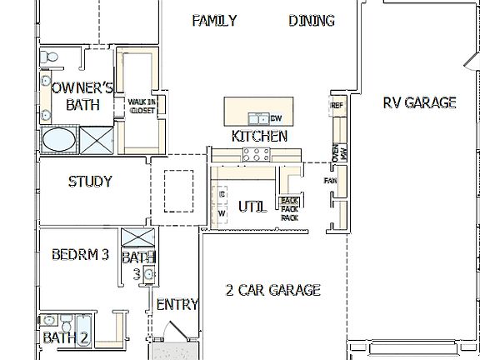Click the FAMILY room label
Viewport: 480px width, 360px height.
click(214, 21)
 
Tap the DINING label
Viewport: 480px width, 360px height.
click(312, 21)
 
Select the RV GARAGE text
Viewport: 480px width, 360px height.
click(419, 102)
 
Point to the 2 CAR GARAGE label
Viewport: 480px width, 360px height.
click(273, 290)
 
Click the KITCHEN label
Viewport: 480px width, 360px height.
click(259, 136)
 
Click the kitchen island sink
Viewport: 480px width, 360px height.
click(262, 117)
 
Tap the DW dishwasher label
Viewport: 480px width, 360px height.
click(276, 118)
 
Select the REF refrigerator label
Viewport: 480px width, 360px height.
click(337, 106)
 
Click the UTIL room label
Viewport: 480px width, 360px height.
click(252, 207)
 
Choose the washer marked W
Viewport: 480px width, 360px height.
click(222, 213)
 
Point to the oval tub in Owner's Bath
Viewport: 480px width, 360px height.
click(57, 140)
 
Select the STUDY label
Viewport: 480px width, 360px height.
click(90, 181)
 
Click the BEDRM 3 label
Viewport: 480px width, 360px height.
click(80, 255)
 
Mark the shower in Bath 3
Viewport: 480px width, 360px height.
click(136, 237)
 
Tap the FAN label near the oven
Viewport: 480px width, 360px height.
click(330, 180)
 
